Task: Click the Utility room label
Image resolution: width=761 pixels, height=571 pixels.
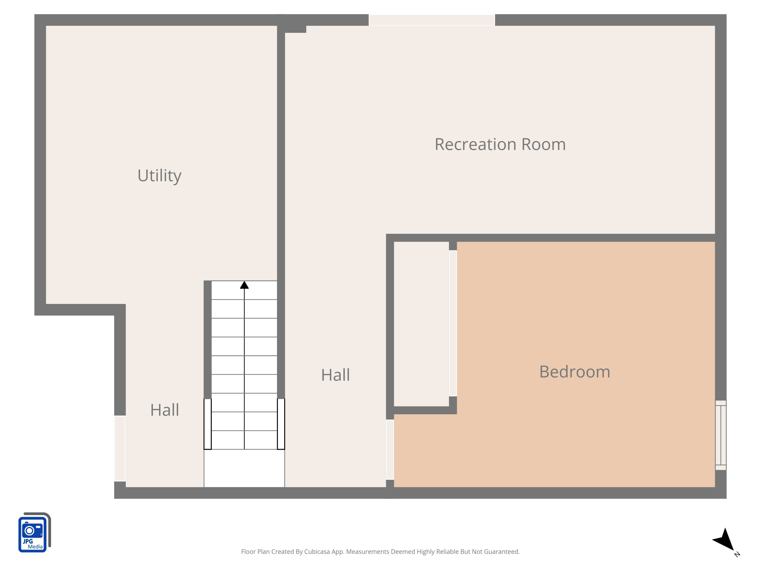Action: [159, 176]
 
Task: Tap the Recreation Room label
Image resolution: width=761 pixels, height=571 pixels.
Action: [500, 144]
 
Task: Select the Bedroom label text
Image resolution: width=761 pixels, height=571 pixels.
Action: [575, 372]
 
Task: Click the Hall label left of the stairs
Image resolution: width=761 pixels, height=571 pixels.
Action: [164, 410]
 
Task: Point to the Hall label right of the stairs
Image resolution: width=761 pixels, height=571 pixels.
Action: [335, 375]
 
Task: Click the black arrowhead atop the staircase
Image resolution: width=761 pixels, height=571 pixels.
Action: [244, 285]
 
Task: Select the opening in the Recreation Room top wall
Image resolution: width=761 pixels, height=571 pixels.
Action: [432, 20]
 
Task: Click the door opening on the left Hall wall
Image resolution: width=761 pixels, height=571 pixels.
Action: [120, 448]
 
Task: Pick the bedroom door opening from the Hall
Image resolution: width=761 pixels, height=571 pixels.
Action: [390, 449]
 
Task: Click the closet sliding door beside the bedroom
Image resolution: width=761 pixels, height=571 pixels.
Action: [453, 323]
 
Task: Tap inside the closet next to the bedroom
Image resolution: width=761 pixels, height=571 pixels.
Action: [421, 324]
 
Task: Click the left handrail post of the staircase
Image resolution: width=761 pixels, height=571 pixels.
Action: [207, 424]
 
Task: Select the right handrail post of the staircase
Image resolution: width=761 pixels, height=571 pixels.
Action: [281, 424]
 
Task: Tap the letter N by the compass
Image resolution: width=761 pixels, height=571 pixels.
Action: [737, 554]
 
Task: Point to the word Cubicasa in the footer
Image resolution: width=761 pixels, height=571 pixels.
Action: [317, 552]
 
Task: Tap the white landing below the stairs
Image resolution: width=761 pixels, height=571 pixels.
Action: [244, 468]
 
